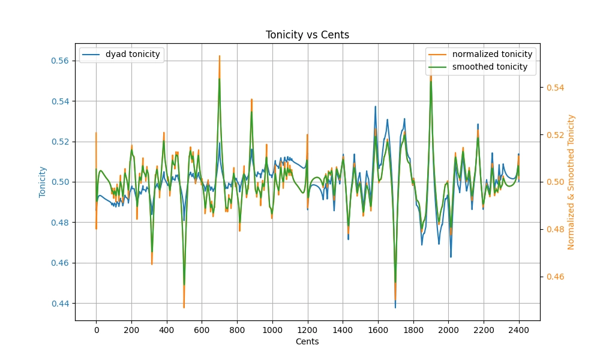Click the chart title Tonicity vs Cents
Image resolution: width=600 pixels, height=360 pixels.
point(307,35)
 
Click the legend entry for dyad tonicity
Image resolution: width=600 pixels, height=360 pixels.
point(133,55)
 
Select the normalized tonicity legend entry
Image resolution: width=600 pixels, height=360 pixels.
point(492,55)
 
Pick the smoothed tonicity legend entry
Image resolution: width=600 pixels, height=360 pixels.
point(490,67)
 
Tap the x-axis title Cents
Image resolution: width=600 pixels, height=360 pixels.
point(307,342)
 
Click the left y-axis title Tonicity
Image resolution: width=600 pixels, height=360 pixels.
point(43,182)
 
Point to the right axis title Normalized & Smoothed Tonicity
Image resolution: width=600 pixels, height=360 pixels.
point(571,182)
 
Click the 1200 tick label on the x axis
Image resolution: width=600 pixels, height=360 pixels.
point(307,329)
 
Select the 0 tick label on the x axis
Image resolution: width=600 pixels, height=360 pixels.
point(96,329)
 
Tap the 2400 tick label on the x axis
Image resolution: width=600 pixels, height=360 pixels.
point(519,329)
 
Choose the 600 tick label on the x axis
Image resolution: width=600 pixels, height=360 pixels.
point(202,329)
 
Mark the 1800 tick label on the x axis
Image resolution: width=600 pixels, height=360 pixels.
point(413,329)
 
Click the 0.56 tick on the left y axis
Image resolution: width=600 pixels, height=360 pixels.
point(61,61)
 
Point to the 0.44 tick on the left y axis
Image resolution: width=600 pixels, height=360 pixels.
point(61,304)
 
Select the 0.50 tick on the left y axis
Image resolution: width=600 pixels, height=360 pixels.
point(61,182)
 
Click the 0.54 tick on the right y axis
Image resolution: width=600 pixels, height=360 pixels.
point(555,88)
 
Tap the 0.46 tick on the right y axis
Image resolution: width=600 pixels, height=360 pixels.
point(555,277)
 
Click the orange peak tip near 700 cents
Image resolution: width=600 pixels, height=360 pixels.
point(220,56)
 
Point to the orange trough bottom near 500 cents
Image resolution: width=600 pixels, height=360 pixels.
point(184,307)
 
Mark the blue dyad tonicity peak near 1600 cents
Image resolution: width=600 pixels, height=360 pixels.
point(376,107)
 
